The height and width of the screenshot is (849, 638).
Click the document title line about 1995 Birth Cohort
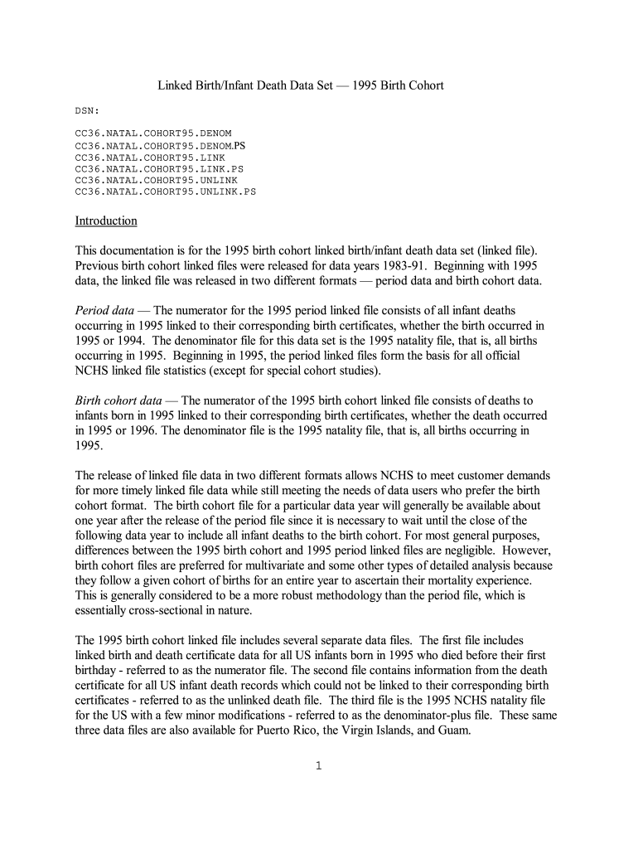301,85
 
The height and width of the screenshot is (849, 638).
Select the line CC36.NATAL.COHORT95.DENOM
153,133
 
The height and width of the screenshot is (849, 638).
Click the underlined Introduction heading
106,221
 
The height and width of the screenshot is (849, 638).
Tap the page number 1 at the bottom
318,765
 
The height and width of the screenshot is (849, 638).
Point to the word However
529,550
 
